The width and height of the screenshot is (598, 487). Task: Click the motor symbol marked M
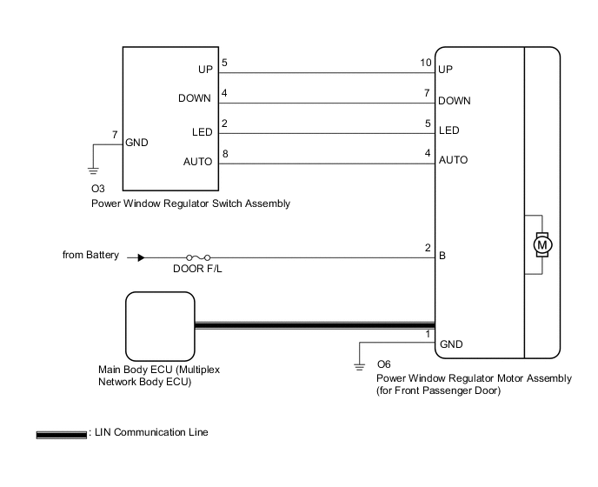pos(542,245)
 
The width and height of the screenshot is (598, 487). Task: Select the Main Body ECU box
pos(160,325)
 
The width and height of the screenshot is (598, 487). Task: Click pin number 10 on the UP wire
pos(425,63)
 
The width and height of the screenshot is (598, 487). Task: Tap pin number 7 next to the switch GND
pos(116,134)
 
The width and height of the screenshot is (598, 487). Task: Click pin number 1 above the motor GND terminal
pos(428,335)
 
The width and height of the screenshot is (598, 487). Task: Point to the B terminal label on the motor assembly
pos(443,257)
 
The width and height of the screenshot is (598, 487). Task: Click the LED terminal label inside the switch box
pos(202,132)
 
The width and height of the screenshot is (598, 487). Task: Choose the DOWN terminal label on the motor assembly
pos(455,101)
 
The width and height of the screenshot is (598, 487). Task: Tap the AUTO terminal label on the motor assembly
pos(454,160)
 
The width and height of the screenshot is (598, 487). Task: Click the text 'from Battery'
pos(90,256)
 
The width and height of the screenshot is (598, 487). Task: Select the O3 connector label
pos(97,189)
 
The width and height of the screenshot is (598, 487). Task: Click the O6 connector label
pos(384,365)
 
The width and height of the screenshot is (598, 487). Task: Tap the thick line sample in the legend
pos(62,433)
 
